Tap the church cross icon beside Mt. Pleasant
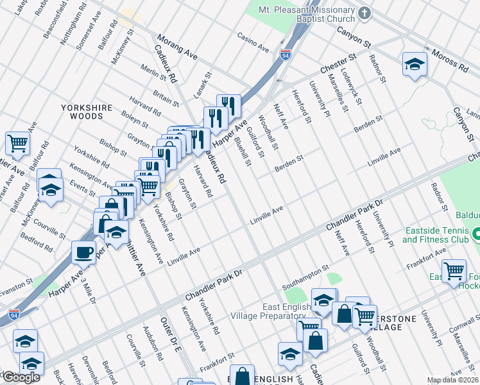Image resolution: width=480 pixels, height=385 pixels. pos(365,12)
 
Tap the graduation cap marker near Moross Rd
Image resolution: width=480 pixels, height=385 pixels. pos(415,64)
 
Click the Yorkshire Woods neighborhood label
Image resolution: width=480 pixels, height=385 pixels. pos(87,112)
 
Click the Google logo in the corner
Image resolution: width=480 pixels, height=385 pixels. pos(21,377)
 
